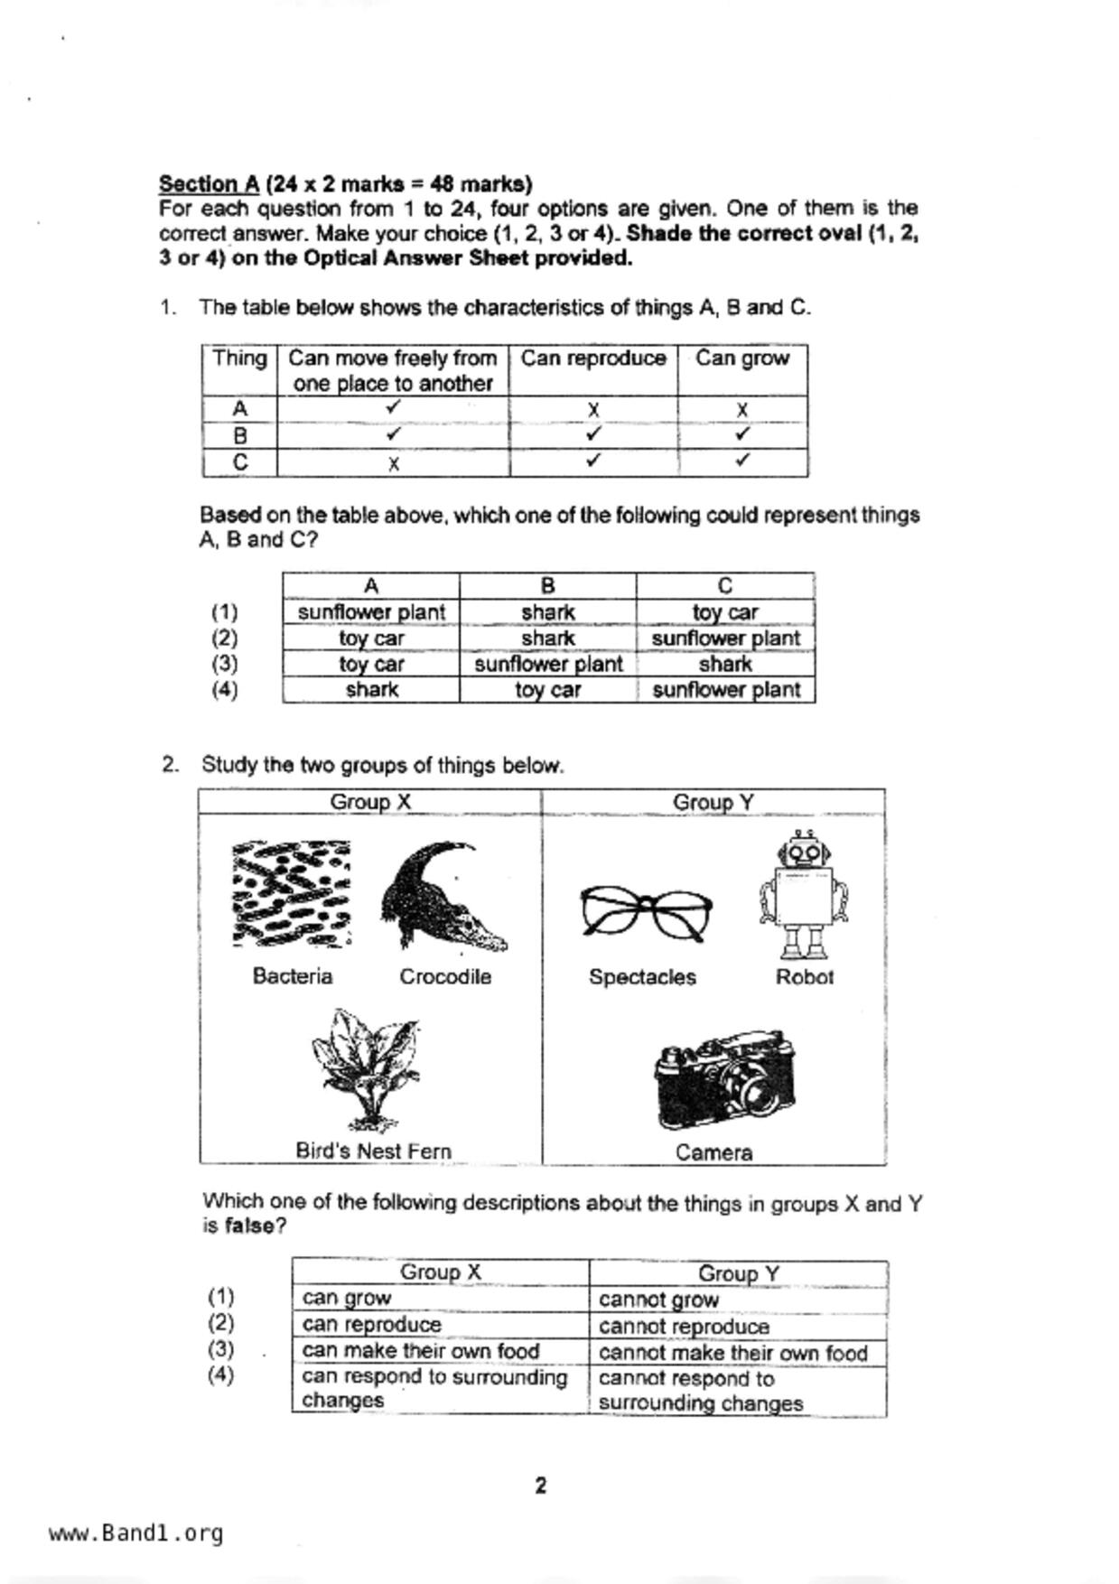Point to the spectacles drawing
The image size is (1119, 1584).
point(645,912)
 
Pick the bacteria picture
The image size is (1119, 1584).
point(291,894)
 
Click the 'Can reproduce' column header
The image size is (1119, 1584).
point(592,359)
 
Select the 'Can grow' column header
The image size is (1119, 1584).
point(741,359)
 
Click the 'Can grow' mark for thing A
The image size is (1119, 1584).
point(741,410)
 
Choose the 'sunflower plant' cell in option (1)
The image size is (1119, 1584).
point(371,612)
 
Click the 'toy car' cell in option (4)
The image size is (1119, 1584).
point(547,691)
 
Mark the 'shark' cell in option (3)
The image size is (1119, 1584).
point(725,665)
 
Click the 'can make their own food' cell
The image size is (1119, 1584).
point(420,1351)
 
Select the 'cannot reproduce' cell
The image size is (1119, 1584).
point(684,1326)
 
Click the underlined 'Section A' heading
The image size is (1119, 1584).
point(209,184)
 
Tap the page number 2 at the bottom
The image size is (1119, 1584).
point(540,1486)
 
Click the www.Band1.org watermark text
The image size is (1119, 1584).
point(135,1533)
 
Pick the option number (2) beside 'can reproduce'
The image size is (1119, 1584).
point(221,1323)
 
